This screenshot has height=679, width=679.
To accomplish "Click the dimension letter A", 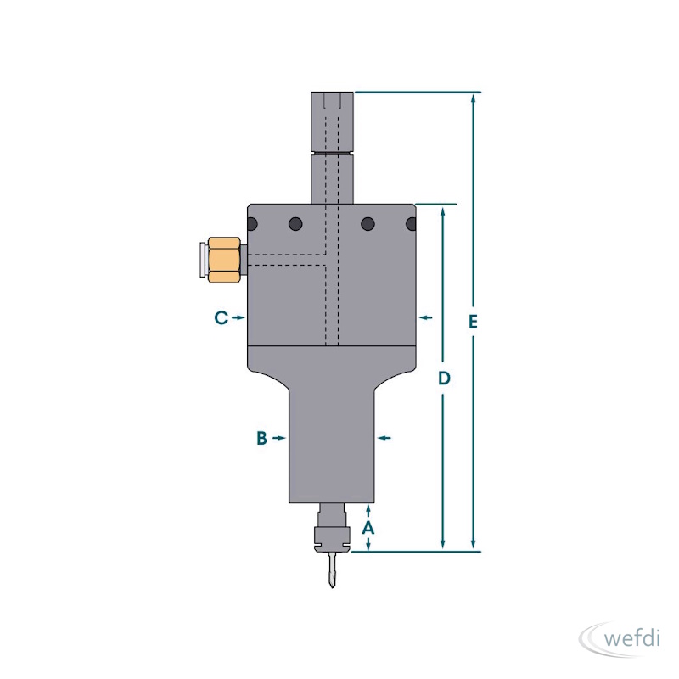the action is (368, 528).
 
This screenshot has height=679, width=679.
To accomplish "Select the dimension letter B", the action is (261, 438).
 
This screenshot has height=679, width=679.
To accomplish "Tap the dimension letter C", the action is (222, 317).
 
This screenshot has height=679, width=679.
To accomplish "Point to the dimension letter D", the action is (444, 379).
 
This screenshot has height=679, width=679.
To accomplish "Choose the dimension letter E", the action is (473, 322).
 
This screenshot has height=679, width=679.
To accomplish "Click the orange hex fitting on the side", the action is (224, 260).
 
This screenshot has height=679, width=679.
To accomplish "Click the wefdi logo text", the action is (631, 638).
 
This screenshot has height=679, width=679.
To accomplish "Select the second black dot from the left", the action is (295, 224).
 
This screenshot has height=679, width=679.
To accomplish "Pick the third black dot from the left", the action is (368, 224).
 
